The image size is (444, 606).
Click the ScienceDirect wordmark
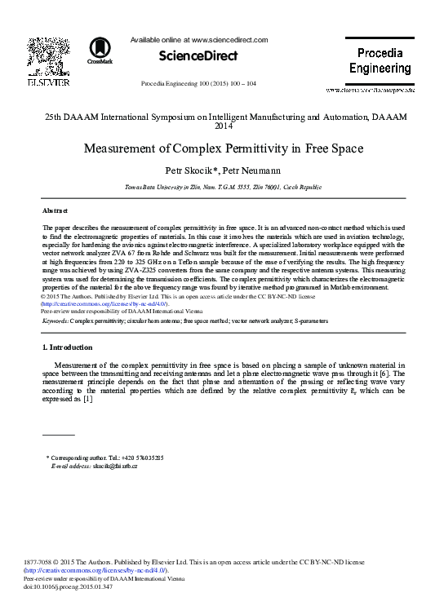point(198,56)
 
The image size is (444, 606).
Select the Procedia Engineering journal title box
point(380,61)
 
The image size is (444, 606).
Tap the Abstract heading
point(55,210)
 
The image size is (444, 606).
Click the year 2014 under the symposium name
point(223,126)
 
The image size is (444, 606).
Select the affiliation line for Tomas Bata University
point(222,187)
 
